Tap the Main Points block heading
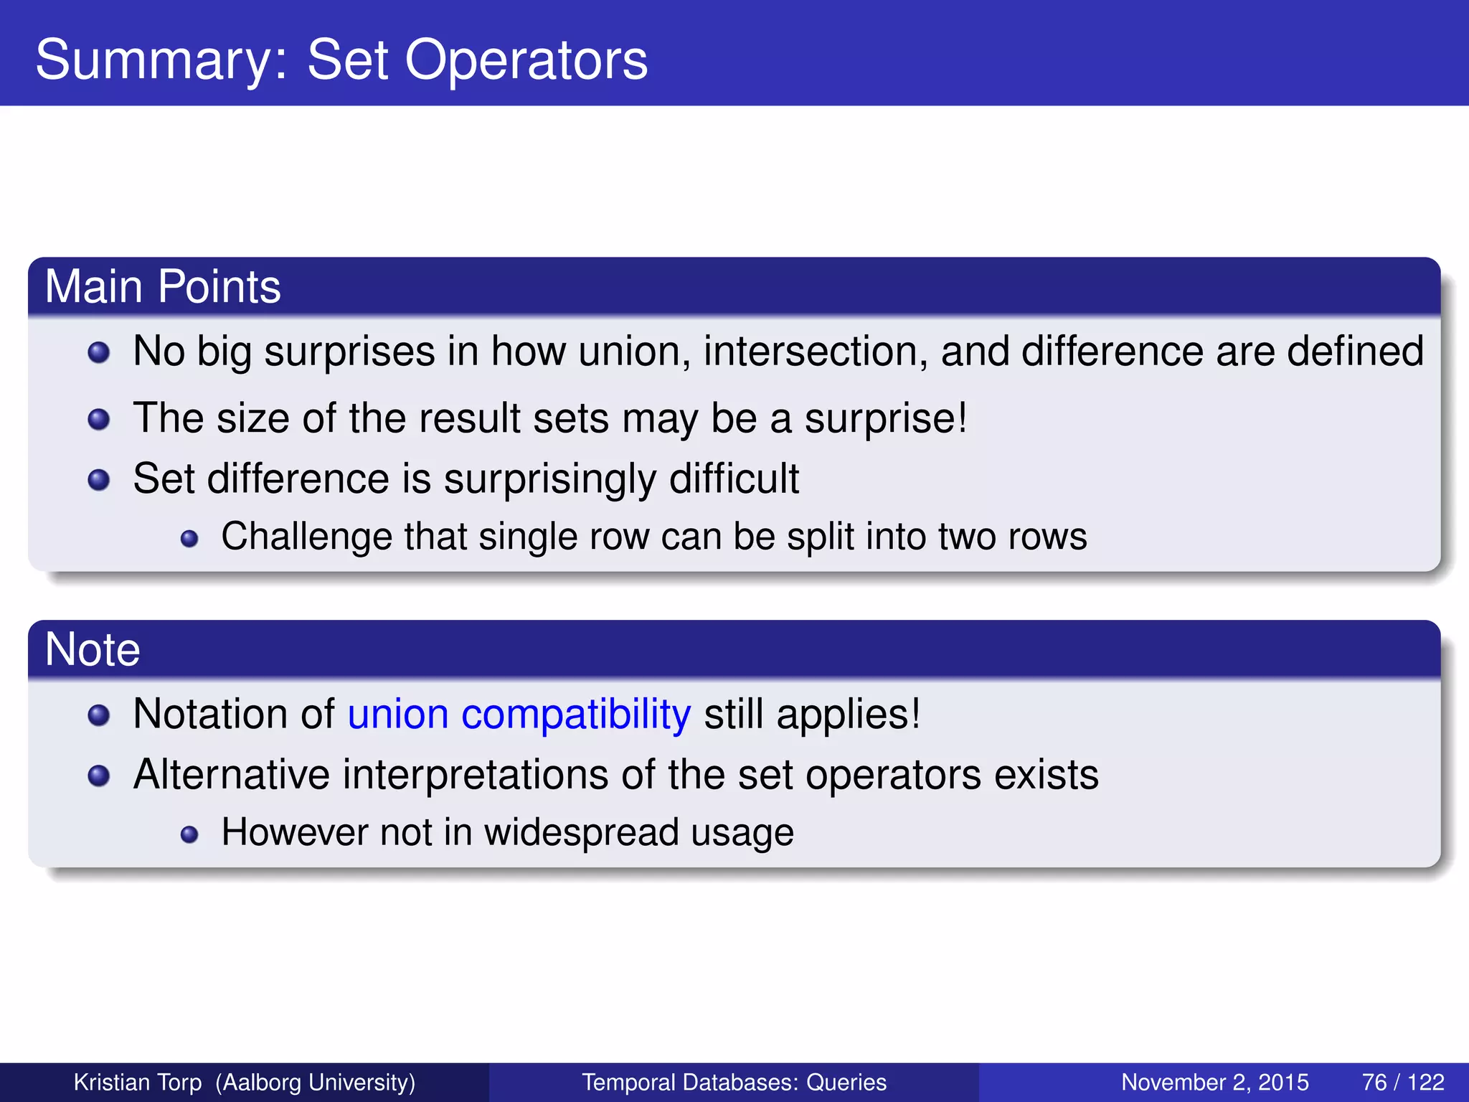click(x=163, y=286)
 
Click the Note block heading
click(x=93, y=649)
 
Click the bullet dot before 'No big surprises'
click(x=99, y=352)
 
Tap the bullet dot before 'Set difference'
click(x=99, y=479)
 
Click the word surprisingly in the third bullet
click(x=549, y=479)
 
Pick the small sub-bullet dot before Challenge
click(x=189, y=538)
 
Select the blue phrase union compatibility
click(x=519, y=715)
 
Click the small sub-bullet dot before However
click(x=189, y=834)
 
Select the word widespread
click(x=581, y=832)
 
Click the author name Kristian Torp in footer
click(x=138, y=1082)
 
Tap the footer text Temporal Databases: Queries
click(x=734, y=1082)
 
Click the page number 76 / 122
click(x=1402, y=1082)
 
